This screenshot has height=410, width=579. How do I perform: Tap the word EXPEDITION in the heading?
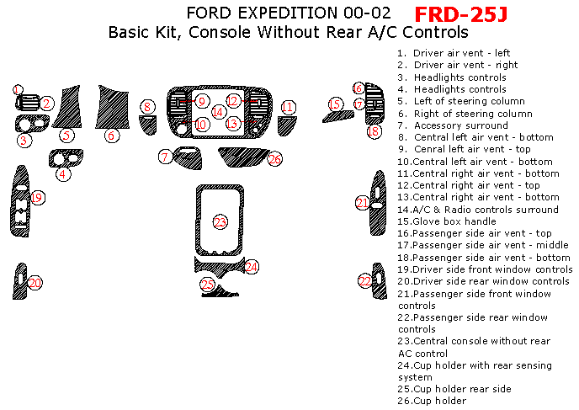click(284, 13)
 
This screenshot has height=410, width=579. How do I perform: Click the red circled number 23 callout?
click(220, 222)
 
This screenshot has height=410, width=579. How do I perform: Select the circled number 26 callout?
click(274, 158)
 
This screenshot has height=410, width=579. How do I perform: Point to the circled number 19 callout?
click(36, 197)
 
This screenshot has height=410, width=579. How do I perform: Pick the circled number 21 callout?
click(362, 203)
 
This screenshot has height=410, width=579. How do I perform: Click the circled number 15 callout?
click(336, 104)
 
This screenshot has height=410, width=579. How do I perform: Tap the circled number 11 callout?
click(289, 107)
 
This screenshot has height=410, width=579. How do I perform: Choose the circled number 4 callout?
click(63, 175)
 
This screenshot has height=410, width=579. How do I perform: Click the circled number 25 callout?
click(207, 285)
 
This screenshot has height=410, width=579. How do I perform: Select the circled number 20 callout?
click(35, 282)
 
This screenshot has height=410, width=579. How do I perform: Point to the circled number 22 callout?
click(365, 280)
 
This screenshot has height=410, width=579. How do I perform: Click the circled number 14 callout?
click(219, 111)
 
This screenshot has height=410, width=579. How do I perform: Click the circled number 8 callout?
click(147, 106)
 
